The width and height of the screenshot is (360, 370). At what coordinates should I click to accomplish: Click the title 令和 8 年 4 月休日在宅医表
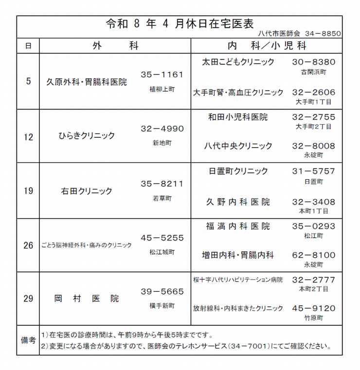click(180, 24)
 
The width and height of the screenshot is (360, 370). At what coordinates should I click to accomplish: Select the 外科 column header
click(115, 46)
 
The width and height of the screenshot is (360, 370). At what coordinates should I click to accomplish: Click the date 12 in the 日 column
click(28, 137)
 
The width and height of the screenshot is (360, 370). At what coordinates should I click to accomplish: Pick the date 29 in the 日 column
click(28, 298)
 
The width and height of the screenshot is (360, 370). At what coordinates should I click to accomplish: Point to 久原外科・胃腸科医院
click(86, 82)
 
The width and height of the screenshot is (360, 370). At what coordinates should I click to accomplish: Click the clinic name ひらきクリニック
click(87, 136)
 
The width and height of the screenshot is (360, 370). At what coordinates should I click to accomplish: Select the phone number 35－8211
click(162, 184)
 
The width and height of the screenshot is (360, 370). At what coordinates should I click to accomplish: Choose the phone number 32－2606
click(314, 92)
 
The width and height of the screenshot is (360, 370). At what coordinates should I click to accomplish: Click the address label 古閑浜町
click(314, 71)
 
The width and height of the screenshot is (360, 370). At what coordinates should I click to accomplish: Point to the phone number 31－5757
click(314, 171)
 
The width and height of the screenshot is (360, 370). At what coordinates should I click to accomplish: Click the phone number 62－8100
click(314, 255)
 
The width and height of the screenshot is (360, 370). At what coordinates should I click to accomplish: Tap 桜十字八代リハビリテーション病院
click(238, 280)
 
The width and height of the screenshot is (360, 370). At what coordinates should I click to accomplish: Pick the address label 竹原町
click(314, 317)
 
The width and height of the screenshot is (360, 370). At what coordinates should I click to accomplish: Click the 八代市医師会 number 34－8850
click(324, 35)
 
